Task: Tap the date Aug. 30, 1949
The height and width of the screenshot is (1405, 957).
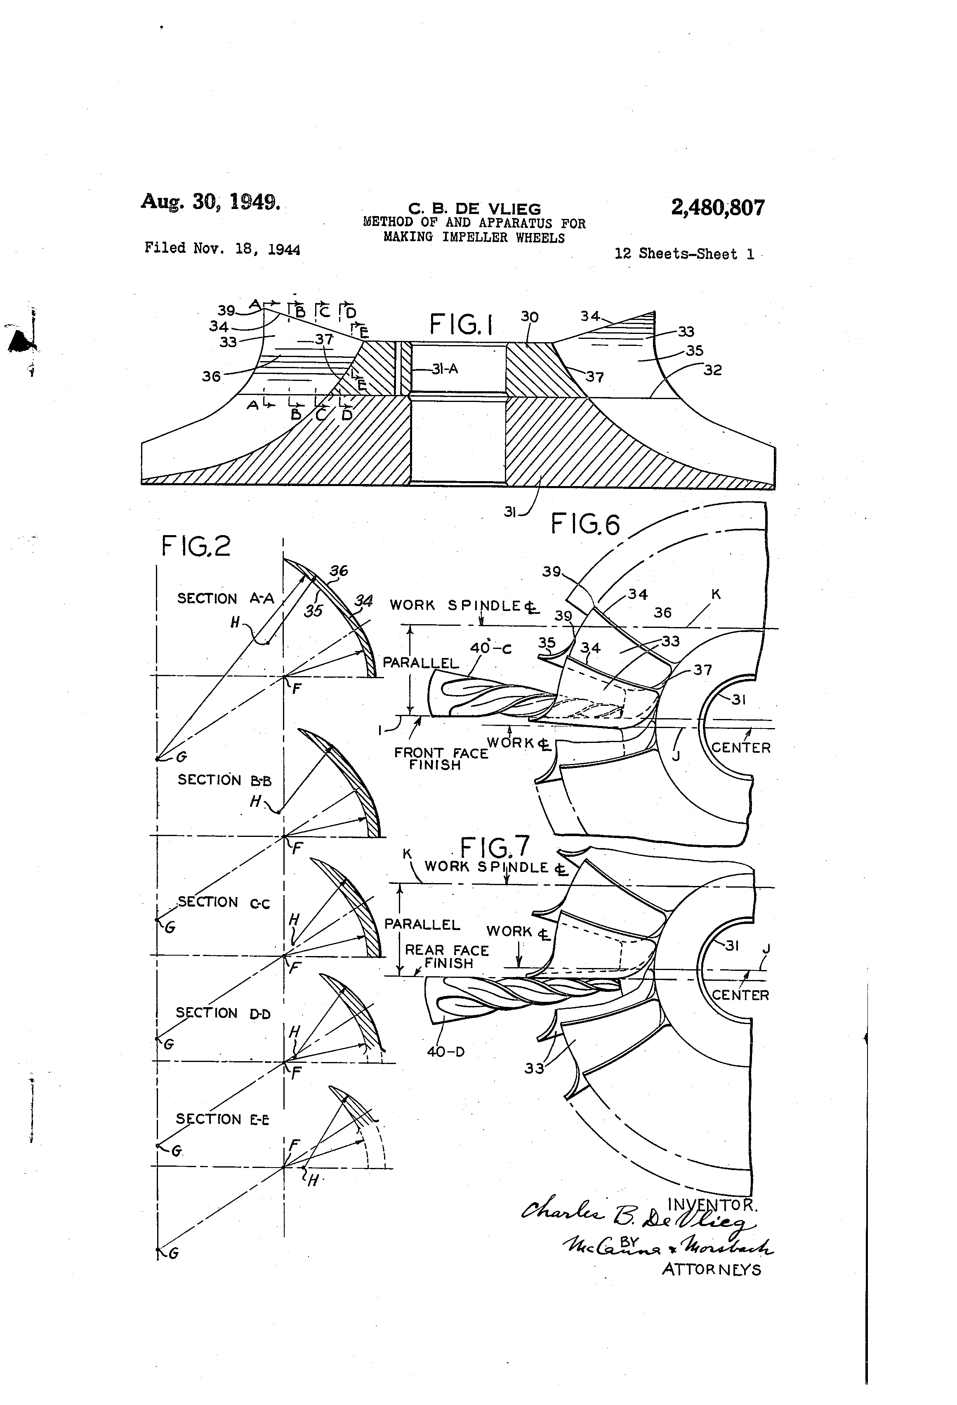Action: [x=210, y=201]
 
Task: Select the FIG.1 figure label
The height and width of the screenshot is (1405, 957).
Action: [x=461, y=324]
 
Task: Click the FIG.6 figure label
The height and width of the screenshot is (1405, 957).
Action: [x=585, y=524]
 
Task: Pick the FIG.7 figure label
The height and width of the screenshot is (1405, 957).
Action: [x=495, y=846]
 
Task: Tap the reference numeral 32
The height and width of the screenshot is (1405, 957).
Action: [x=713, y=370]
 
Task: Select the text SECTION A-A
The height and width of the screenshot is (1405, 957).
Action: [x=225, y=599]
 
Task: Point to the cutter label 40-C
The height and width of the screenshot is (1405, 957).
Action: [x=490, y=648]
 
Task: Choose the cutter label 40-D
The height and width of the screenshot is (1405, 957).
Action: [x=446, y=1051]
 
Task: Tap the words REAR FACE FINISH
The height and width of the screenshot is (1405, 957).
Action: [x=447, y=956]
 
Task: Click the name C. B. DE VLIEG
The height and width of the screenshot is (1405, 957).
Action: [x=474, y=209]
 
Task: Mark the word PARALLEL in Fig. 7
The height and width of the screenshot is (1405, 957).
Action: [x=422, y=924]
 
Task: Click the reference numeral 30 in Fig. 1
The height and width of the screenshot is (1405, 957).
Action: [x=529, y=317]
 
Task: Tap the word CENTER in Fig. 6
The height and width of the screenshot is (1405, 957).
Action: [x=741, y=748]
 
